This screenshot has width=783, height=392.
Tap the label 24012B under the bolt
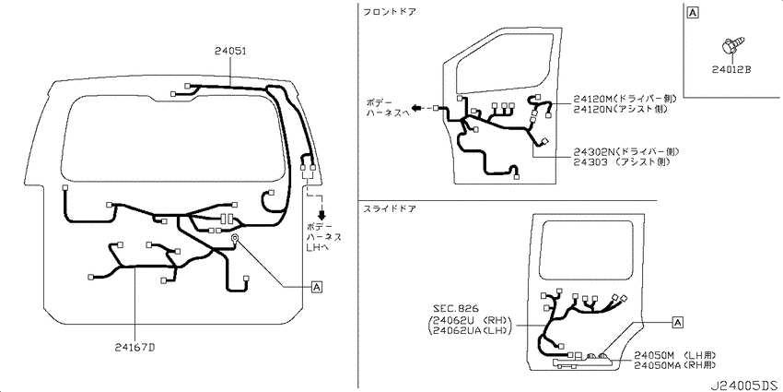(x=731, y=70)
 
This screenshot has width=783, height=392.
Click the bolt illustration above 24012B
(x=732, y=45)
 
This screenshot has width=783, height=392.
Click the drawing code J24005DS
(x=744, y=386)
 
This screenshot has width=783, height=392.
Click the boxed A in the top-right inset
(x=693, y=13)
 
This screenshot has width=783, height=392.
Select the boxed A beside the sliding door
(x=678, y=323)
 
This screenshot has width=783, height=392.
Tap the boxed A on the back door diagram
(x=317, y=287)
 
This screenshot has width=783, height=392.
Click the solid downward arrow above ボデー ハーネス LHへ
(x=322, y=215)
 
